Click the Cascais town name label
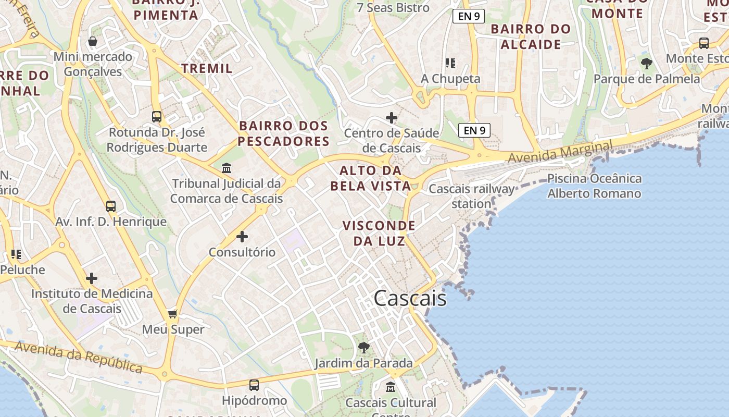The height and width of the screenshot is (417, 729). pos(410,298)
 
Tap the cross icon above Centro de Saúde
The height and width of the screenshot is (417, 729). pos(392,118)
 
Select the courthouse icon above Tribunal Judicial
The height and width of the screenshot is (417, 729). pos(227,168)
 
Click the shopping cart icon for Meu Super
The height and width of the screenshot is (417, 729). pos(173,314)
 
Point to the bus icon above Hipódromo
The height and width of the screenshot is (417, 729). pos(254,385)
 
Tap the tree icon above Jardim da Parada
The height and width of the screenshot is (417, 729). pos(364,348)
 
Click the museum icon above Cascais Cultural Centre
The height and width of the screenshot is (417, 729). pos(391,387)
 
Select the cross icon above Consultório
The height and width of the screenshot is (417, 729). pos(242,237)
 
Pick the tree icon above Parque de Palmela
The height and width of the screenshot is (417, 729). pos(647,64)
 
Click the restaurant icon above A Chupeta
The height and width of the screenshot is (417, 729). pos(450,63)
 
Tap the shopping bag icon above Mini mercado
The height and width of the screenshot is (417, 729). pos(93,41)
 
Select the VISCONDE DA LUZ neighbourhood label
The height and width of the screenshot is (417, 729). pos(379,233)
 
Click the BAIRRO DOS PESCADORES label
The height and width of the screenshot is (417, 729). pos(284,133)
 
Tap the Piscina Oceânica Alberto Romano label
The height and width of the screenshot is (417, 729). pos(594,186)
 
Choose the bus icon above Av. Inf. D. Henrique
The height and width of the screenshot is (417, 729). pos(111,206)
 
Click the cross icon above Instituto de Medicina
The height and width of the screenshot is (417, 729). pos(92,278)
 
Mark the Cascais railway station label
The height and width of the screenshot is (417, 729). pos(471,196)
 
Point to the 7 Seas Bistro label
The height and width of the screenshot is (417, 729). pos(393,8)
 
